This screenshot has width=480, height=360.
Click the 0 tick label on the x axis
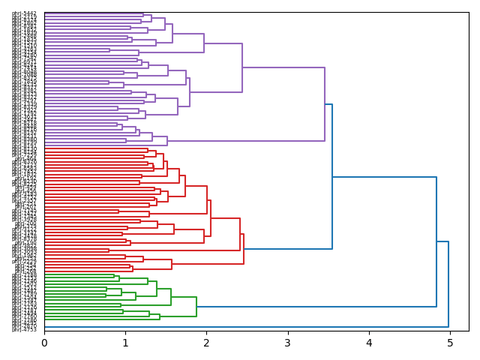[x=44, y=343]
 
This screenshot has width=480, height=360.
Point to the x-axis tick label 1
[x=125, y=343]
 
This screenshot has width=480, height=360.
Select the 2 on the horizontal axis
[x=206, y=343]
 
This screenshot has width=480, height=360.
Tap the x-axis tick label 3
[x=287, y=343]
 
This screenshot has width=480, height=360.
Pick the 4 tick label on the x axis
[x=369, y=343]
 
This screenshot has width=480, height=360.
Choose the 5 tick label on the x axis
[x=450, y=343]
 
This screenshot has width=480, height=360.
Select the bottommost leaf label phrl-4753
[x=24, y=328]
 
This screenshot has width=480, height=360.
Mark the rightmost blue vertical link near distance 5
[x=448, y=284]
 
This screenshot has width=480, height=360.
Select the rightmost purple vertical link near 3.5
[x=325, y=104]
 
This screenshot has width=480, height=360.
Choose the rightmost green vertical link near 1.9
[x=196, y=307]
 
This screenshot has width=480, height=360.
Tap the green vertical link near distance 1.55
[x=171, y=297]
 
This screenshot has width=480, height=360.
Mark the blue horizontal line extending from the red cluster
[x=288, y=249]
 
